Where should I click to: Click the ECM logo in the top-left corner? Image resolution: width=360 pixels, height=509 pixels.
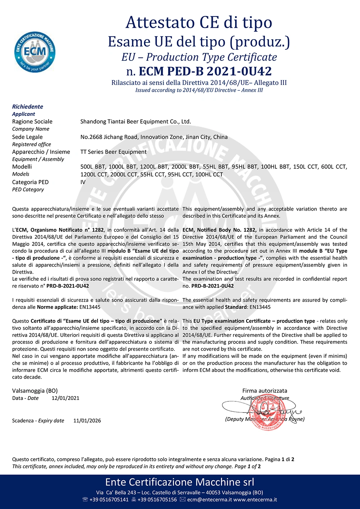(x=35, y=52)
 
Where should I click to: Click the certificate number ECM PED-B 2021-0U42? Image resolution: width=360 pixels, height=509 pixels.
(x=199, y=71)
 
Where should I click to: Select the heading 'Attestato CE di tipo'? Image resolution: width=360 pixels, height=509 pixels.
(x=199, y=23)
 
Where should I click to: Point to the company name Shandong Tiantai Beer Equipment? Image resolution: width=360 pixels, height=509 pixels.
(x=135, y=122)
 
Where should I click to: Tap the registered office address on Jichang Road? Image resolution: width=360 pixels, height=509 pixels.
(x=154, y=137)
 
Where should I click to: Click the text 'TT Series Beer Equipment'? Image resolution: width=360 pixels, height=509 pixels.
(x=113, y=152)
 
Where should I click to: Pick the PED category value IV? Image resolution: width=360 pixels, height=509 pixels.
(x=83, y=182)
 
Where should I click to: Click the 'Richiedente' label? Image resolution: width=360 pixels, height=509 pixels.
(x=27, y=107)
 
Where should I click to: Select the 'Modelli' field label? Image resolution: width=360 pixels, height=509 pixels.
(x=22, y=167)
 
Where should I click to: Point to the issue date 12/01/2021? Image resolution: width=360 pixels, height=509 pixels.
(x=66, y=398)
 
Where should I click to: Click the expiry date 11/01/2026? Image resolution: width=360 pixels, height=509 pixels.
(x=87, y=420)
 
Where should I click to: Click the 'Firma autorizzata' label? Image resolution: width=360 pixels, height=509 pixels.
(x=265, y=391)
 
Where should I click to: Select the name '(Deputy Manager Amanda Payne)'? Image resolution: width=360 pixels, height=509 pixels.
(x=265, y=419)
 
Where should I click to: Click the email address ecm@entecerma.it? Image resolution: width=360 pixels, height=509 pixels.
(x=210, y=500)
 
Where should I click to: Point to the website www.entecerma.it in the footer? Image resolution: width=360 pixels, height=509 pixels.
(x=255, y=500)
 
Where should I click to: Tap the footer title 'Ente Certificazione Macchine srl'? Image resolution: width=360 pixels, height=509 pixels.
(x=180, y=482)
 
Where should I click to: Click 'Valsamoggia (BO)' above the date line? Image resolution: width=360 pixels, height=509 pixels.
(x=35, y=391)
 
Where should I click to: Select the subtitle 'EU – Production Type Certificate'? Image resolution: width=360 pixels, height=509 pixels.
(x=199, y=57)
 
